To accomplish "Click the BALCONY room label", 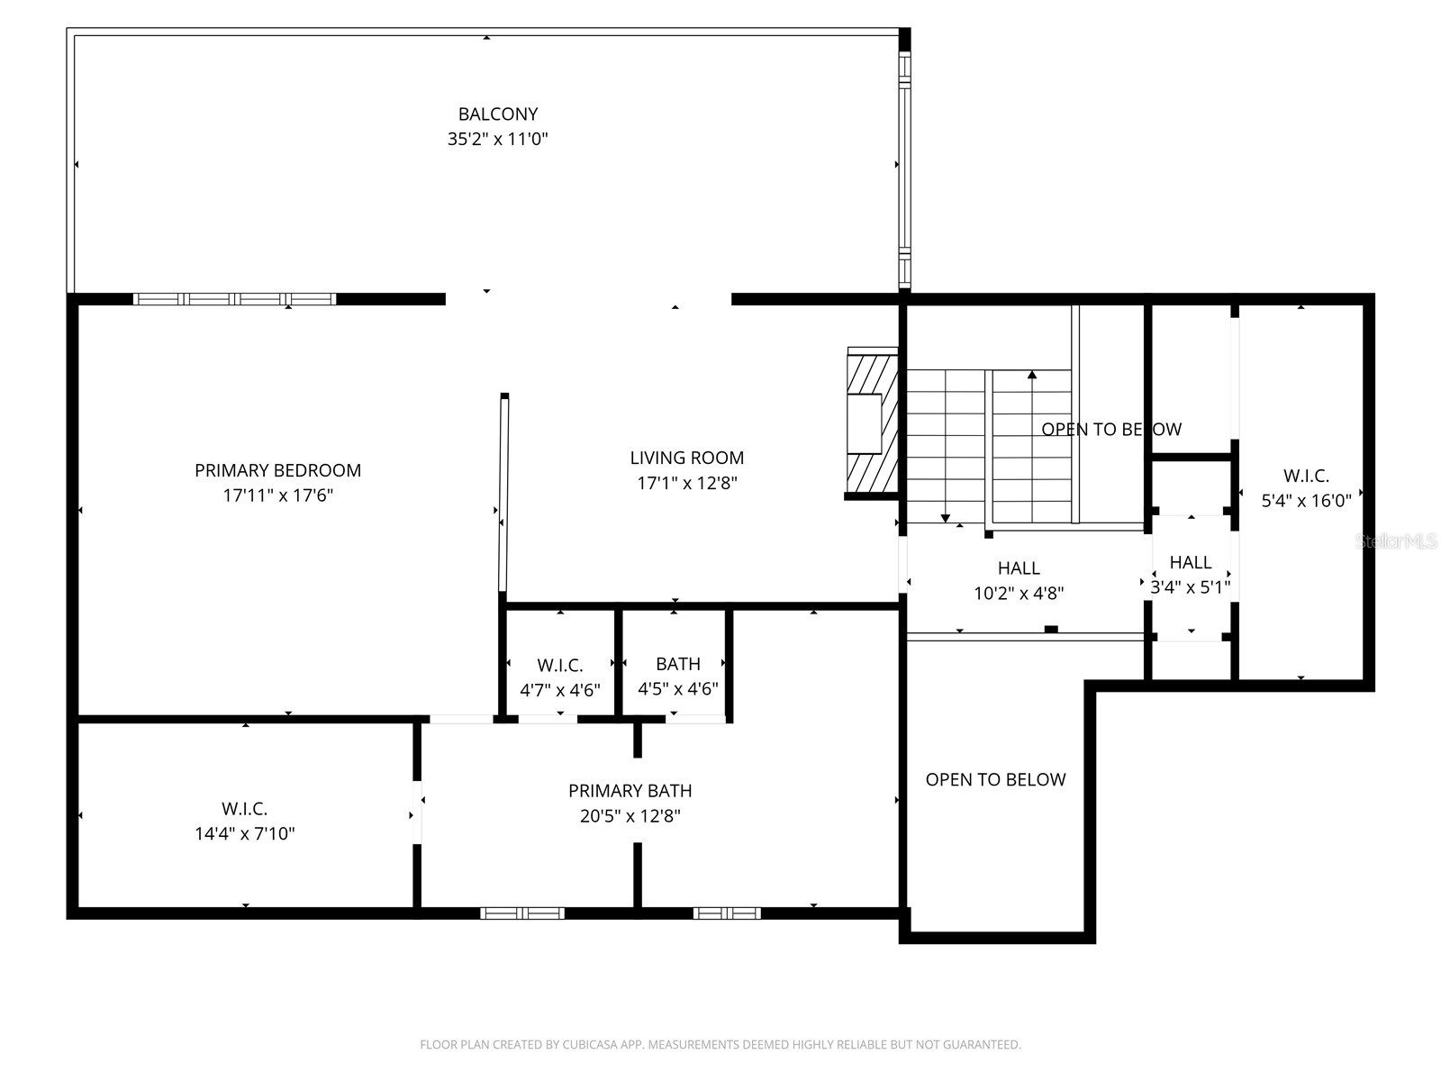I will click(x=497, y=114).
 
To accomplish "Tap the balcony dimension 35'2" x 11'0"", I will click(x=497, y=140).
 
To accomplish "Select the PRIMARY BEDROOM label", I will click(x=277, y=470).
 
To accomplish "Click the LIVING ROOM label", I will click(x=686, y=458).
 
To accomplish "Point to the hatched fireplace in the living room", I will click(x=871, y=421).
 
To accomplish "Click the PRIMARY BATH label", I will click(x=630, y=791).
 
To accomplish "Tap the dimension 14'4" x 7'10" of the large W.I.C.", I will click(x=244, y=834).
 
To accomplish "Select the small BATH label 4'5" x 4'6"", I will click(x=677, y=664).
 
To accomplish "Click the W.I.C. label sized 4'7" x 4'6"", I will click(x=559, y=666).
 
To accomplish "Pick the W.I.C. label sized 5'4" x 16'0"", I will click(x=1305, y=476).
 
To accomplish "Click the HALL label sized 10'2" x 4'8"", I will click(x=1019, y=568).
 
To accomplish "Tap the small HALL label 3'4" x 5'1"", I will click(x=1190, y=563).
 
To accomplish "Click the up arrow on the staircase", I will click(x=1032, y=376).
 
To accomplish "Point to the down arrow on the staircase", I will click(x=945, y=516).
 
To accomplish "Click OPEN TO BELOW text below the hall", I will click(x=995, y=780).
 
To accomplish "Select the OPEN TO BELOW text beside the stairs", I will click(x=1110, y=430).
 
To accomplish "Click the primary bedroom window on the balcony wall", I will click(x=234, y=299).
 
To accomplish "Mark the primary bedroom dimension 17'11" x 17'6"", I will click(x=277, y=495).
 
